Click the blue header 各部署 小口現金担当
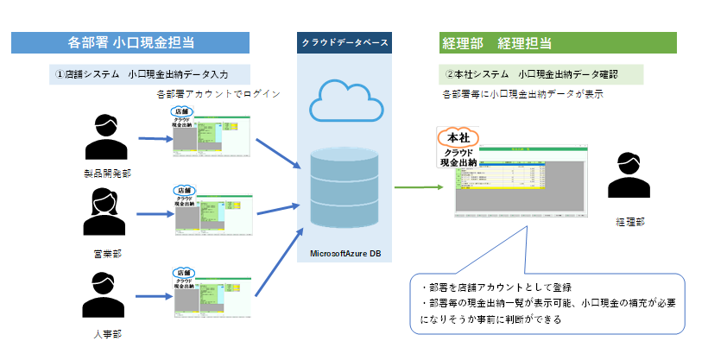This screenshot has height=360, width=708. tap(130, 42)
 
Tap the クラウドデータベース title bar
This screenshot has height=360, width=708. tap(344, 42)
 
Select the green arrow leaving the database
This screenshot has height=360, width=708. tap(413, 186)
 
